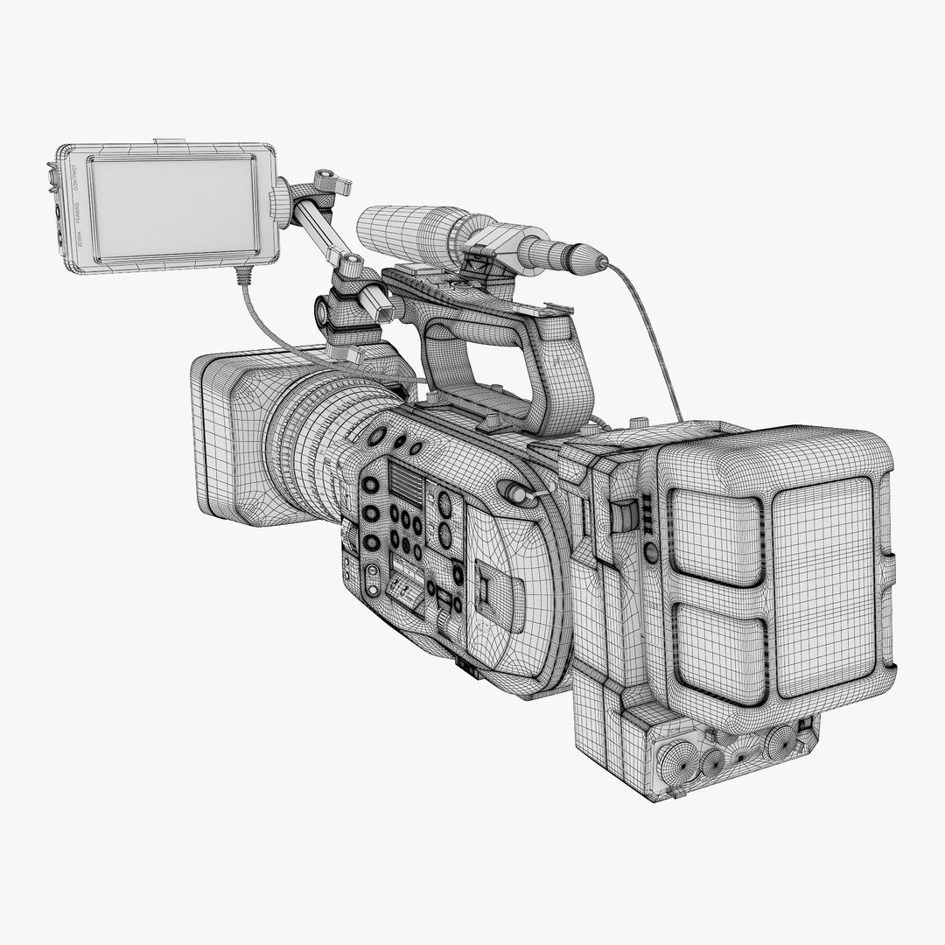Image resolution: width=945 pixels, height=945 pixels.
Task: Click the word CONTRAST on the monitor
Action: coord(76,178)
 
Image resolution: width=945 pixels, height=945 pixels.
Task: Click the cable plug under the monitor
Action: coord(242,278)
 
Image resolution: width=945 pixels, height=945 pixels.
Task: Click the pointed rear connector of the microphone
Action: coord(594,259)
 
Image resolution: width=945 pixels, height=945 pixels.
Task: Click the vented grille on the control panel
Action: coord(404,482)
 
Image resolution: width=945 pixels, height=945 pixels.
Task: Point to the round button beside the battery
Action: coord(650,551)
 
